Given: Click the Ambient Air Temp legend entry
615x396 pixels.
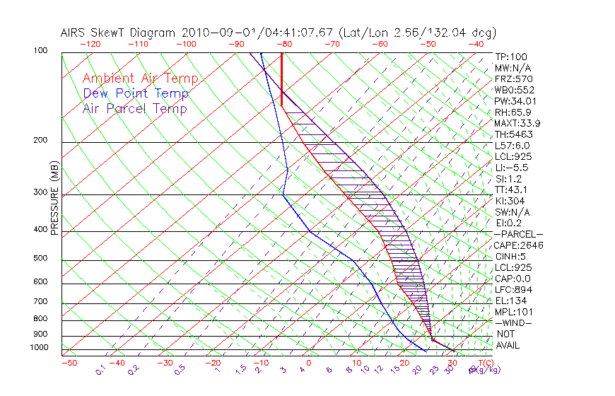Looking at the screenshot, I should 140,78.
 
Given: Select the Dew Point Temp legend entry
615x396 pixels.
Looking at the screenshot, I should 135,93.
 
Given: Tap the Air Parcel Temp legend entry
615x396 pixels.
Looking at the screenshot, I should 134,108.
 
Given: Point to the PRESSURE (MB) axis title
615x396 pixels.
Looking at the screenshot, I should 54,198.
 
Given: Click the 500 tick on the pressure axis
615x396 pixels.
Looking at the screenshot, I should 41,258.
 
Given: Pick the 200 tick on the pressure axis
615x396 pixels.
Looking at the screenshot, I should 41,140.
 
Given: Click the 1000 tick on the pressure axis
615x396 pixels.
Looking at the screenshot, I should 39,348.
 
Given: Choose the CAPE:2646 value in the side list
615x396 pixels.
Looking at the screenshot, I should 519,245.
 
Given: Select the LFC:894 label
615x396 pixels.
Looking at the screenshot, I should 513,290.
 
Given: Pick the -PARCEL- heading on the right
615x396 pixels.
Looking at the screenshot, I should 518,234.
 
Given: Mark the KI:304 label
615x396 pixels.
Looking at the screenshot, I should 510,201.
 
